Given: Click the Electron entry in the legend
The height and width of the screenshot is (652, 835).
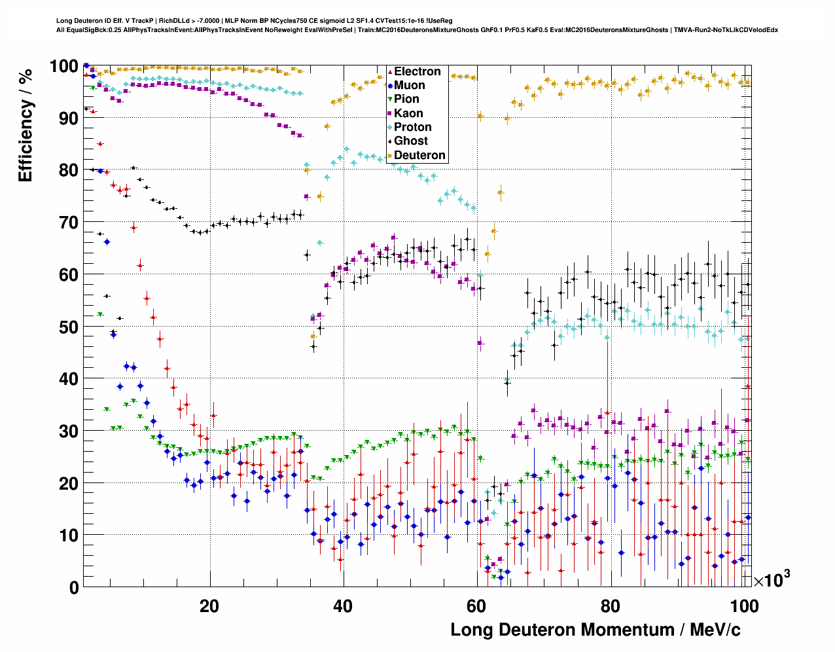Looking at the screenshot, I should pyautogui.click(x=417, y=71).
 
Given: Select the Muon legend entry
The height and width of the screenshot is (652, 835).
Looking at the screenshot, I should pyautogui.click(x=409, y=85).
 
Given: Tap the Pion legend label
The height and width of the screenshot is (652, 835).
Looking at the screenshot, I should pyautogui.click(x=406, y=99).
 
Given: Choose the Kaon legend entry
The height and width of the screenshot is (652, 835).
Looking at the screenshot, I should pyautogui.click(x=408, y=113).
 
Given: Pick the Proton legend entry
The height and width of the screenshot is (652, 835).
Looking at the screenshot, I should pyautogui.click(x=412, y=127).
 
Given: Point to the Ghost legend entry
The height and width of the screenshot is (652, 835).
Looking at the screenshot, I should pyautogui.click(x=410, y=141).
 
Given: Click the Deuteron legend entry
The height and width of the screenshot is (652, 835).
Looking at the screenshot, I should pyautogui.click(x=419, y=155).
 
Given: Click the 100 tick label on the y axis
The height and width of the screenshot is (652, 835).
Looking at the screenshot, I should pyautogui.click(x=64, y=66).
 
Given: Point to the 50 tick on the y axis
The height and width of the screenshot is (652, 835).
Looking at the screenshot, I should pyautogui.click(x=68, y=327).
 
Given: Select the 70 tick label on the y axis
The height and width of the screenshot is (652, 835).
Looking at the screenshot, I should pyautogui.click(x=68, y=223).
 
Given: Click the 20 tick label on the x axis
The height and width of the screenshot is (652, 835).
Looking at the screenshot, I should pyautogui.click(x=209, y=606).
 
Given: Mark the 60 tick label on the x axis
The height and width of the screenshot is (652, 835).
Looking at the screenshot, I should pyautogui.click(x=476, y=606).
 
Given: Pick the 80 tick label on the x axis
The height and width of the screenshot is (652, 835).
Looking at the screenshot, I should pyautogui.click(x=610, y=606).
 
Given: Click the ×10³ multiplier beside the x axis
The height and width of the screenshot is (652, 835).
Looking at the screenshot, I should pyautogui.click(x=772, y=579).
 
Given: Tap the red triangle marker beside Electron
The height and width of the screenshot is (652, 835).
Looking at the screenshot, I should pyautogui.click(x=390, y=72).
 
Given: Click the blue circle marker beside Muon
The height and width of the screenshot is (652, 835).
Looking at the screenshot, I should pyautogui.click(x=390, y=86).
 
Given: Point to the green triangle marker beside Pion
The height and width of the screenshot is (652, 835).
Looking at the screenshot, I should pyautogui.click(x=390, y=100).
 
